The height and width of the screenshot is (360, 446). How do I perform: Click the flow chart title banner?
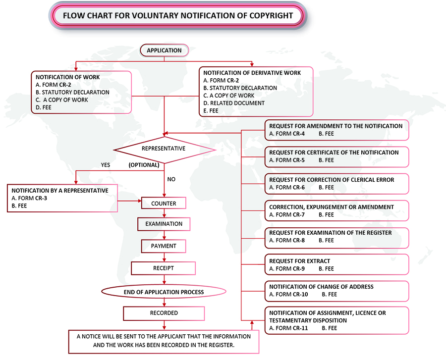[x=178, y=15]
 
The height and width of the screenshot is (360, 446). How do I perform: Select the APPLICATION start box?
[x=164, y=50]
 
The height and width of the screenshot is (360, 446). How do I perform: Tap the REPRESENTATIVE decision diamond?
[x=164, y=149]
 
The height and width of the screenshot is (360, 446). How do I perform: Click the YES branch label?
[x=105, y=165]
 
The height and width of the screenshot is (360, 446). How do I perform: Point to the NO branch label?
[x=171, y=179]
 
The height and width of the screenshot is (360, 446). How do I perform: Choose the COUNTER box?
[x=164, y=203]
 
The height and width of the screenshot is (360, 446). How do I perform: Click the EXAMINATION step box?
[x=164, y=224]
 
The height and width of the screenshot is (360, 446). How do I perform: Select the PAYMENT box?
[x=164, y=246]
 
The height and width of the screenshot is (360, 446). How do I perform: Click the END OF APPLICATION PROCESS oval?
[x=164, y=292]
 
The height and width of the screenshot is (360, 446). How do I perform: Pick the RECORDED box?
[x=164, y=313]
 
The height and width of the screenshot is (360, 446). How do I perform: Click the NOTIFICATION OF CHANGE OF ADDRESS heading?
[x=321, y=287]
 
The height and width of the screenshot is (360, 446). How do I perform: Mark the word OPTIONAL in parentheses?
[x=144, y=165]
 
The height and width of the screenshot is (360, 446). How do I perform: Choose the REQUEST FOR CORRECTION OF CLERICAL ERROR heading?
[x=332, y=180]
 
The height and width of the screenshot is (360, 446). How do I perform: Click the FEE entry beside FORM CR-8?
[x=326, y=240]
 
